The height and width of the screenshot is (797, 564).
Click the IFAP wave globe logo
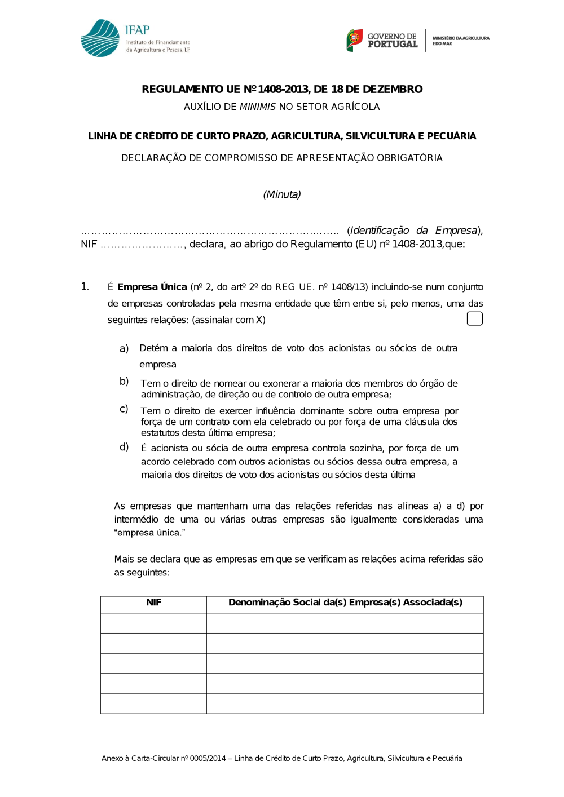pyautogui.click(x=100, y=38)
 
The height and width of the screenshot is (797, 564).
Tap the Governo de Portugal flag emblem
pyautogui.click(x=355, y=40)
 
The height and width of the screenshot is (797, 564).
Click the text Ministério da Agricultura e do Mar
pyautogui.click(x=460, y=41)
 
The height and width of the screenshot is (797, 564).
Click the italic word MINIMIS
pyautogui.click(x=258, y=107)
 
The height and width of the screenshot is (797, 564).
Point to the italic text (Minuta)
pyautogui.click(x=282, y=194)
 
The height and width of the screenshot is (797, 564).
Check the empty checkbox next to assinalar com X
pyautogui.click(x=475, y=318)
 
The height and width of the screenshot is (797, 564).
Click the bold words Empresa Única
pyautogui.click(x=152, y=287)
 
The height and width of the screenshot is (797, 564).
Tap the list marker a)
pyautogui.click(x=124, y=348)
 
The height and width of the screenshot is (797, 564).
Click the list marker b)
pyautogui.click(x=124, y=382)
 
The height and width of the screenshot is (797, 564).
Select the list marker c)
pyautogui.click(x=124, y=409)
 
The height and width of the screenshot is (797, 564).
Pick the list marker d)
pyautogui.click(x=124, y=447)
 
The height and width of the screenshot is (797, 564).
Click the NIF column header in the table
pyautogui.click(x=153, y=603)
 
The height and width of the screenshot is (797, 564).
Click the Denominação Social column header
pyautogui.click(x=345, y=603)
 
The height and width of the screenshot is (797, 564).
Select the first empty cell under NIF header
pyautogui.click(x=153, y=623)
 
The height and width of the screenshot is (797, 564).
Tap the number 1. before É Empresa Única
pyautogui.click(x=85, y=287)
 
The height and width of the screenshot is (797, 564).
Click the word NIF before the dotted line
pyautogui.click(x=89, y=245)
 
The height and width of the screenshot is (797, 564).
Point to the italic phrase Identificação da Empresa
pyautogui.click(x=414, y=231)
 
